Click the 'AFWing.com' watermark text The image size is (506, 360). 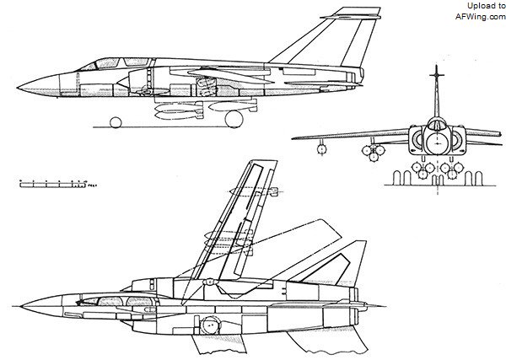coord(478,15)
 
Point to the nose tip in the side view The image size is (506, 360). coord(19,83)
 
